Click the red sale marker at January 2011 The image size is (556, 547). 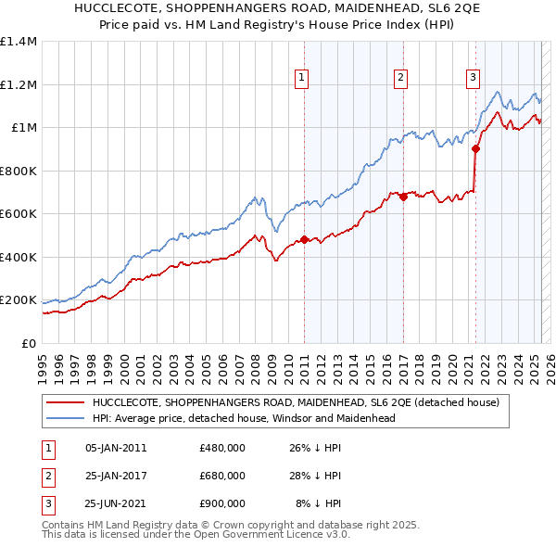click(304, 240)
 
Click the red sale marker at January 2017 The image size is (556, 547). click(403, 197)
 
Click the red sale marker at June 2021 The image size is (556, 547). click(476, 148)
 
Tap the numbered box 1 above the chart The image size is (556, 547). click(302, 78)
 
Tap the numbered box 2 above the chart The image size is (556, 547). click(400, 78)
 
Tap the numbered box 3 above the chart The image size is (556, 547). click(473, 78)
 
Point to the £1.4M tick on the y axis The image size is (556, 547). click(19, 42)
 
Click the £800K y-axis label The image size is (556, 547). click(19, 171)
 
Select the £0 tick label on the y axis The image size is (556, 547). click(28, 343)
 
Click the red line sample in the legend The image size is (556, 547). click(64, 402)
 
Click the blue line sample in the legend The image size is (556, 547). click(64, 418)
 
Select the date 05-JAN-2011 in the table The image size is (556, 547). click(116, 448)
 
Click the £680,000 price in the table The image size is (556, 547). click(222, 476)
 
